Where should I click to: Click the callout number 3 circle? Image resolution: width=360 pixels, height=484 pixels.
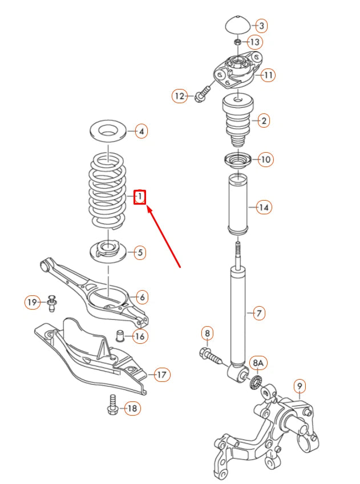point(261,26)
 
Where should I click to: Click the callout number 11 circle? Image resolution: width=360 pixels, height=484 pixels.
point(268,75)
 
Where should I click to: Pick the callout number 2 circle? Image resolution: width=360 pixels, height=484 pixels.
point(263,120)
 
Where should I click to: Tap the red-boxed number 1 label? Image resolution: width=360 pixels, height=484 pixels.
point(140,197)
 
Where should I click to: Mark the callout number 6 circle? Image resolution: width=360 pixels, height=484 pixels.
point(142,297)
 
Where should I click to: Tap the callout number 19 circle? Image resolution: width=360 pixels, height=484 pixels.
point(33,302)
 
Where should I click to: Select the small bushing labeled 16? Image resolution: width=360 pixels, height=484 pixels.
point(120,335)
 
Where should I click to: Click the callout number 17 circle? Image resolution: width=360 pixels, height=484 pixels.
point(162,375)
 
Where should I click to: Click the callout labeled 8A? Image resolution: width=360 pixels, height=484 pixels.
point(258,363)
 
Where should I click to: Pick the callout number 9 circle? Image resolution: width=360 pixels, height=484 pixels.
point(300,387)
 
